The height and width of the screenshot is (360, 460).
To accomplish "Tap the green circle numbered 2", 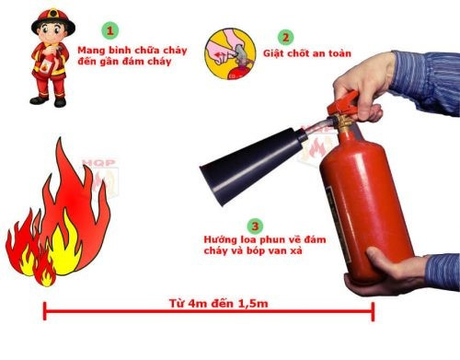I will click(286, 38).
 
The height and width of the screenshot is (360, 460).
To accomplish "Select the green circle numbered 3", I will click(253, 225).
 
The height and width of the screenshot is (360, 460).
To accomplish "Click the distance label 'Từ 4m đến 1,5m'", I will click(209, 300).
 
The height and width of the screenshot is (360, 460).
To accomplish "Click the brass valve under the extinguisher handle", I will click(343, 120).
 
